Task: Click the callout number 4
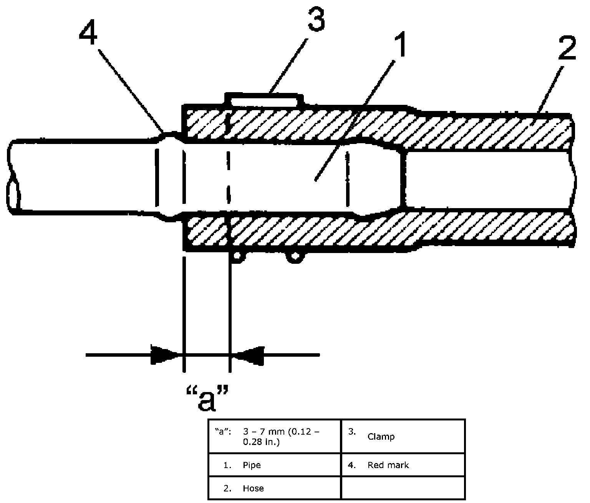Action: click(88, 33)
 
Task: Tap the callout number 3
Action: click(317, 19)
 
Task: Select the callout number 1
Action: click(401, 45)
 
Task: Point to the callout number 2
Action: click(567, 49)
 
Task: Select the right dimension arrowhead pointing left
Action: click(248, 356)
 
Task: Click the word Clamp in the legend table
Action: click(381, 437)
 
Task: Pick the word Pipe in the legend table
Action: click(252, 465)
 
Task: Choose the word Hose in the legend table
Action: click(253, 488)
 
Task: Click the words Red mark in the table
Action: click(388, 465)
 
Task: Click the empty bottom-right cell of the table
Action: click(403, 488)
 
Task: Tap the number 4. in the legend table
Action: click(352, 465)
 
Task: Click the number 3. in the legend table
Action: click(352, 432)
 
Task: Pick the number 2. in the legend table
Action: click(227, 488)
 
